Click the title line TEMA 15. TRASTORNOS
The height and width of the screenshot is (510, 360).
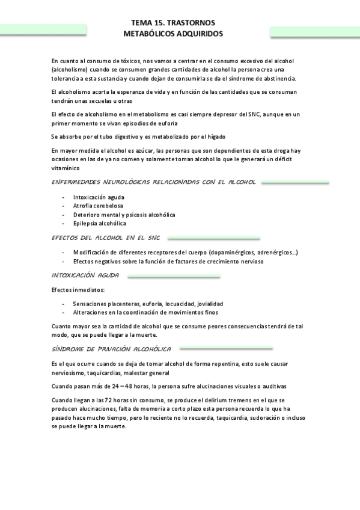point(172,22)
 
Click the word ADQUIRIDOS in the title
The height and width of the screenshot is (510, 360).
point(198,34)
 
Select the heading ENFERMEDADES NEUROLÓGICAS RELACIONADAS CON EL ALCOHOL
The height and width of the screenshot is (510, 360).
point(154,182)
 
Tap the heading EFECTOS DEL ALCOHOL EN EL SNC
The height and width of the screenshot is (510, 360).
point(109,238)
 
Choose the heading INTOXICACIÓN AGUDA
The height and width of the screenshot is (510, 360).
point(85,275)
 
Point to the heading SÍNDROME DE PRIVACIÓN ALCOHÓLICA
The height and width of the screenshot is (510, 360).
point(112,349)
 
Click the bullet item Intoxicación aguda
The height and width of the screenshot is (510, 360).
point(99,197)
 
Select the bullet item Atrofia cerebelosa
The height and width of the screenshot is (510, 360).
point(99,206)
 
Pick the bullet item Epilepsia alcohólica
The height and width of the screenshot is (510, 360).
point(99,223)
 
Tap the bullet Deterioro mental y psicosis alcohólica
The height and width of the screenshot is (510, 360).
point(124,215)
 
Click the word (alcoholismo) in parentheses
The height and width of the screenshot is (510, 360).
point(71,70)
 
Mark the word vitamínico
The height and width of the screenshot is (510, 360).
point(67,169)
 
